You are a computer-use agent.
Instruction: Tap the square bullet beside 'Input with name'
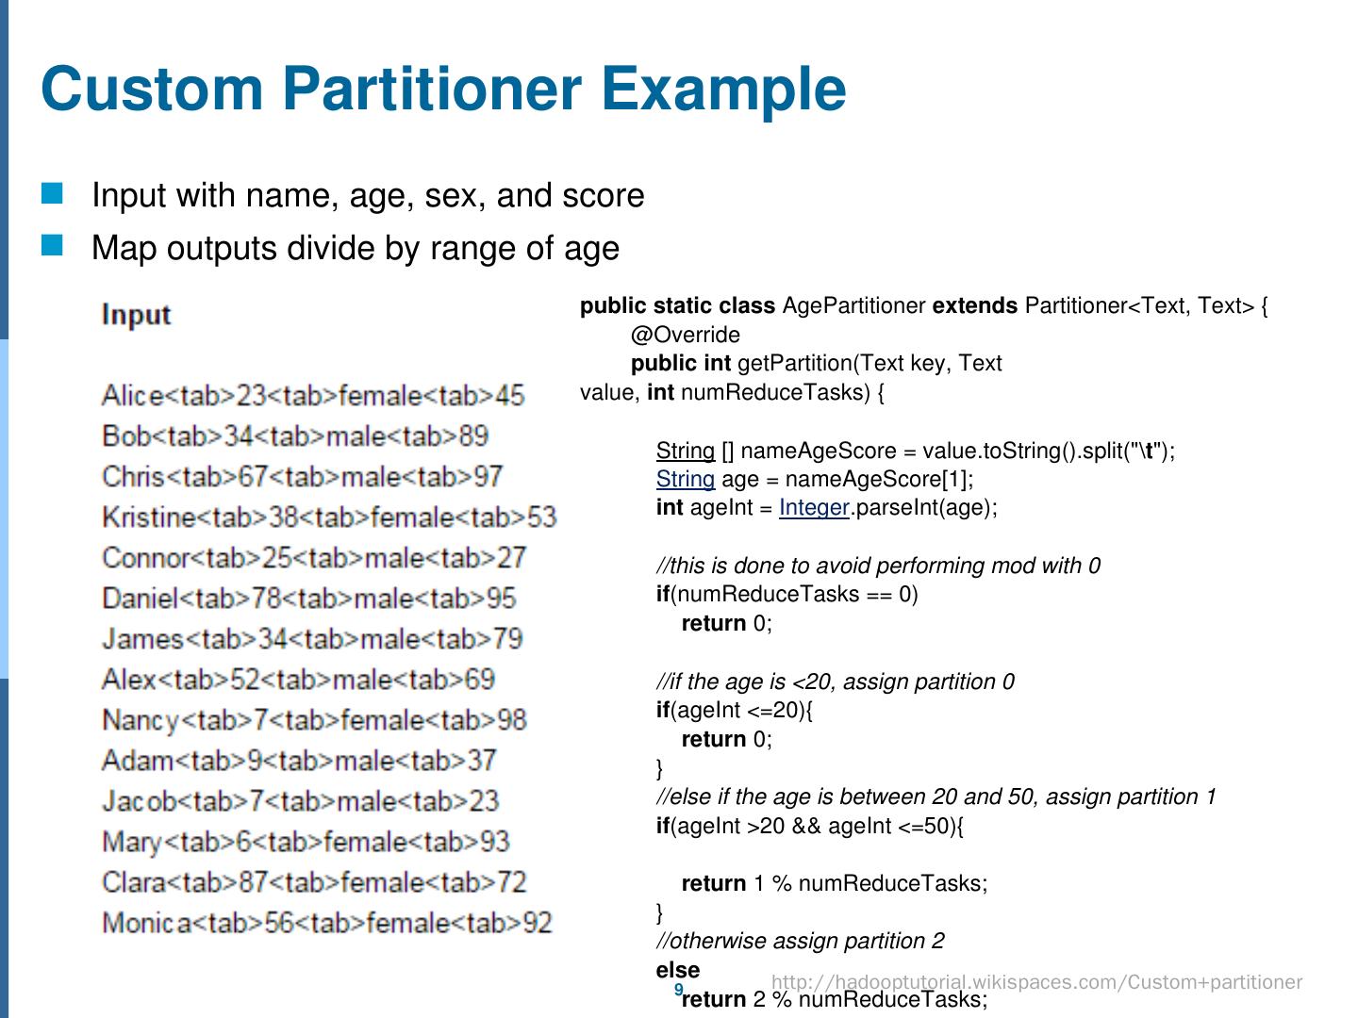53,194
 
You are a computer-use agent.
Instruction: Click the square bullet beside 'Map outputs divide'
53,246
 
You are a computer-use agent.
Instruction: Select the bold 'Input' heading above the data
136,315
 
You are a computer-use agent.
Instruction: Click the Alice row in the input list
312,396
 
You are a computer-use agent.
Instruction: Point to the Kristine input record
328,517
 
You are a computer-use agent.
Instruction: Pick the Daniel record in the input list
308,599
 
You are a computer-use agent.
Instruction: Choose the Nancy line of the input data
313,721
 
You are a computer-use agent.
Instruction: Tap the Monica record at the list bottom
326,923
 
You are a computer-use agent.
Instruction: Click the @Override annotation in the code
686,335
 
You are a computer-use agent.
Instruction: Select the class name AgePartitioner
853,306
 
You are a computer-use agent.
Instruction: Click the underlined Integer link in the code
814,508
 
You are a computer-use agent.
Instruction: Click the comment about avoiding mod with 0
878,566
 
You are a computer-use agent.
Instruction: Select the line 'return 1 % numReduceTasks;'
835,883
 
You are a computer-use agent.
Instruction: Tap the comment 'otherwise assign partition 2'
800,941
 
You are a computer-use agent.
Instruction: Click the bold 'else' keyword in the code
678,970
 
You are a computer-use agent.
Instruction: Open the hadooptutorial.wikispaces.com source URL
1036,982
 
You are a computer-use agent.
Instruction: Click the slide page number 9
678,989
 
